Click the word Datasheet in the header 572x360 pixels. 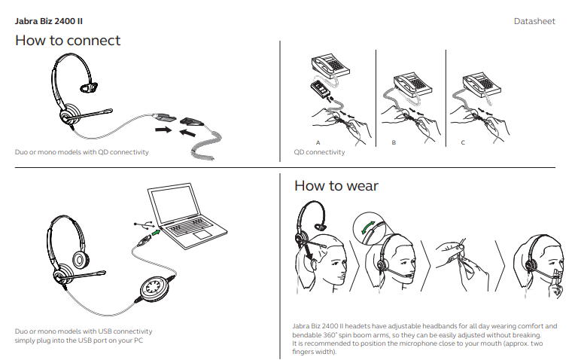534,21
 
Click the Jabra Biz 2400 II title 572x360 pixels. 48,21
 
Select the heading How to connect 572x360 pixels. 68,40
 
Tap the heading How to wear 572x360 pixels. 336,185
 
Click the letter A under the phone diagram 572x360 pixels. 318,142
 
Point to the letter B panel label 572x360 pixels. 394,142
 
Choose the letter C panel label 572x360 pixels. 463,142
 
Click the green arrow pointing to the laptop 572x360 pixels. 156,232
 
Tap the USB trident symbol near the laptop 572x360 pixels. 143,224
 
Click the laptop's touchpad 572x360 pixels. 202,234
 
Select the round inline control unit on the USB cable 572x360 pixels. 155,288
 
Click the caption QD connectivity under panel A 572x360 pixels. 319,152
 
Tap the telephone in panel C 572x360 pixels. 482,85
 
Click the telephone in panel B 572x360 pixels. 412,84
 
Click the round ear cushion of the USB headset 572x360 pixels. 79,260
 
